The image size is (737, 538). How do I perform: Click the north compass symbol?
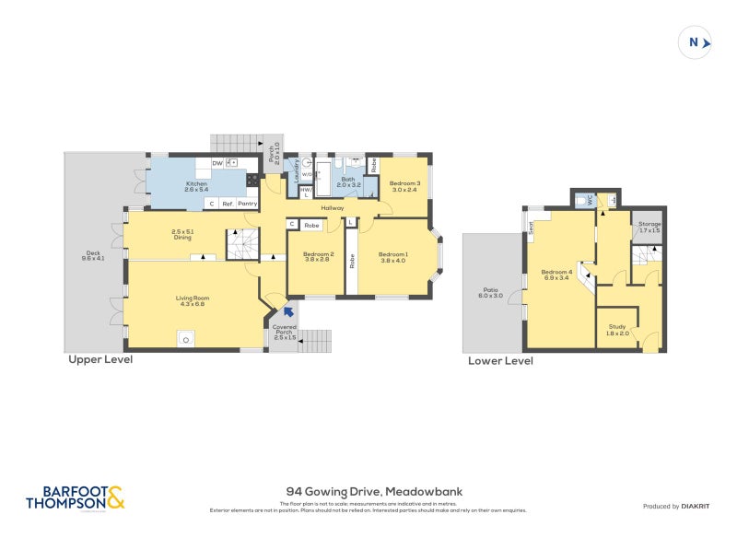point(696,42)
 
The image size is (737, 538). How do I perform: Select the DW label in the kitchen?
point(217,163)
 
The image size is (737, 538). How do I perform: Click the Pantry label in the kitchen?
point(247,203)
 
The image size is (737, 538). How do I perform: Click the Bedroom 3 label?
point(404,183)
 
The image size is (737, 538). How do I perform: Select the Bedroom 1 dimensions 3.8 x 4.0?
point(394,260)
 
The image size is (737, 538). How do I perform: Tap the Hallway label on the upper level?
point(333,208)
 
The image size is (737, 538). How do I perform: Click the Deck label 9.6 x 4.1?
point(93,256)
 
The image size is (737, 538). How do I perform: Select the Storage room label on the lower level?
point(649,224)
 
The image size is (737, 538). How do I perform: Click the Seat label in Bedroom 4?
point(532,228)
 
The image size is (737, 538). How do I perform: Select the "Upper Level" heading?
point(100,360)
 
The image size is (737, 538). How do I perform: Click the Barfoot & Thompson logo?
point(74,498)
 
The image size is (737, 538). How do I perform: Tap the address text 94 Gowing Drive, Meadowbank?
point(368,492)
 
